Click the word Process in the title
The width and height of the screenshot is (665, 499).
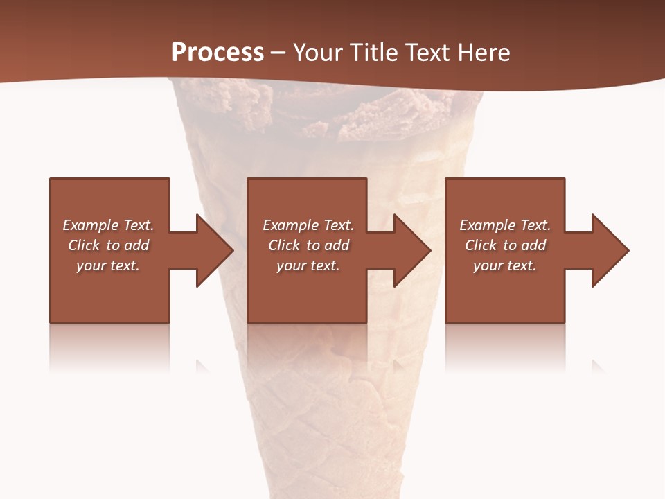218,52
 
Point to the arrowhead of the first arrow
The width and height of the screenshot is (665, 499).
215,250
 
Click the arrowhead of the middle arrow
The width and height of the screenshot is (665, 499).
413,250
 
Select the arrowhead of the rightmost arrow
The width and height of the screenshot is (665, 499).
610,250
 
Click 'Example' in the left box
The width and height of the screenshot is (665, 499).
91,225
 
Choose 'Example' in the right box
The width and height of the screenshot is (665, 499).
488,225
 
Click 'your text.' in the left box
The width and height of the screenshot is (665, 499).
108,265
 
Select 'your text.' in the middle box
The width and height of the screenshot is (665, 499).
308,265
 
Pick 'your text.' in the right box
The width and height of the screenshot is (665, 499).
505,265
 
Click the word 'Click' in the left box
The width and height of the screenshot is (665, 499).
85,245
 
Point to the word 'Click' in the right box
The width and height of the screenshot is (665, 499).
481,245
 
